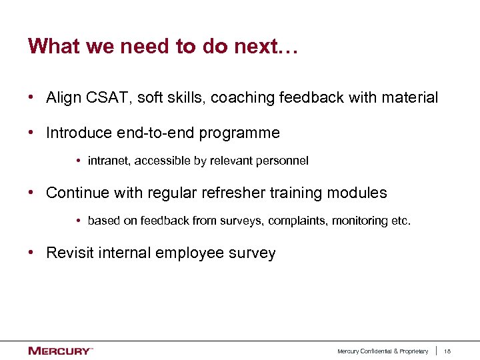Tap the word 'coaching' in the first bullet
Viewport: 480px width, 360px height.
pyautogui.click(x=241, y=98)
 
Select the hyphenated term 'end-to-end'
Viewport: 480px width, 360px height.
pyautogui.click(x=153, y=133)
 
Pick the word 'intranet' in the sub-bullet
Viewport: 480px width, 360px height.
pyautogui.click(x=108, y=161)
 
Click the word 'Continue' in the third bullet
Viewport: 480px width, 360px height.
pyautogui.click(x=75, y=193)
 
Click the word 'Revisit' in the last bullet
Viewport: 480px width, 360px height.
pyautogui.click(x=69, y=253)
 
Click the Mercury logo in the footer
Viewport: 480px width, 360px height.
pyautogui.click(x=60, y=351)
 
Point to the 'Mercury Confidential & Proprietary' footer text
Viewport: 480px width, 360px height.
pyautogui.click(x=383, y=351)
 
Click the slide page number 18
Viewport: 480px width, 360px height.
pyautogui.click(x=447, y=351)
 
